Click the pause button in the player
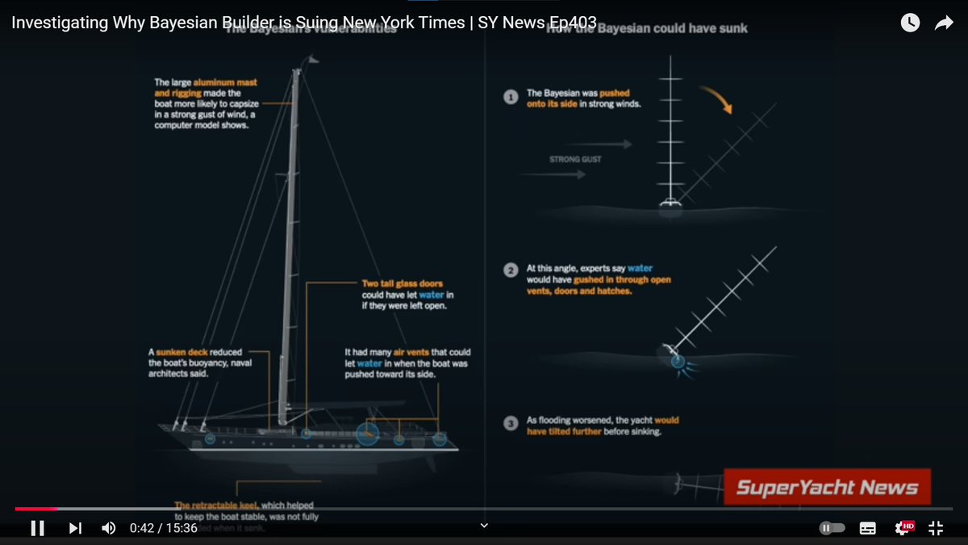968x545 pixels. tap(37, 528)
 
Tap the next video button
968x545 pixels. tap(75, 528)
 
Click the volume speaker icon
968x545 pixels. tap(108, 528)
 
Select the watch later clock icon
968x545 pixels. tap(910, 23)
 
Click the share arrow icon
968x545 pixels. tap(944, 23)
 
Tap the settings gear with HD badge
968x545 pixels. tap(904, 528)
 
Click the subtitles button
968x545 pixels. tap(868, 528)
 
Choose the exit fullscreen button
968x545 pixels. tap(936, 528)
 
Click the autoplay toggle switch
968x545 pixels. tap(832, 528)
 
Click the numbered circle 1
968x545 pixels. tap(511, 97)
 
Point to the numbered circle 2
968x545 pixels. tap(511, 270)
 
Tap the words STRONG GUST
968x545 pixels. tap(575, 159)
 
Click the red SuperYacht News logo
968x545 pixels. tap(827, 487)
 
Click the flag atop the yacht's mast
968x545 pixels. tap(312, 59)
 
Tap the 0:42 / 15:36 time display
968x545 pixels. tap(164, 528)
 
